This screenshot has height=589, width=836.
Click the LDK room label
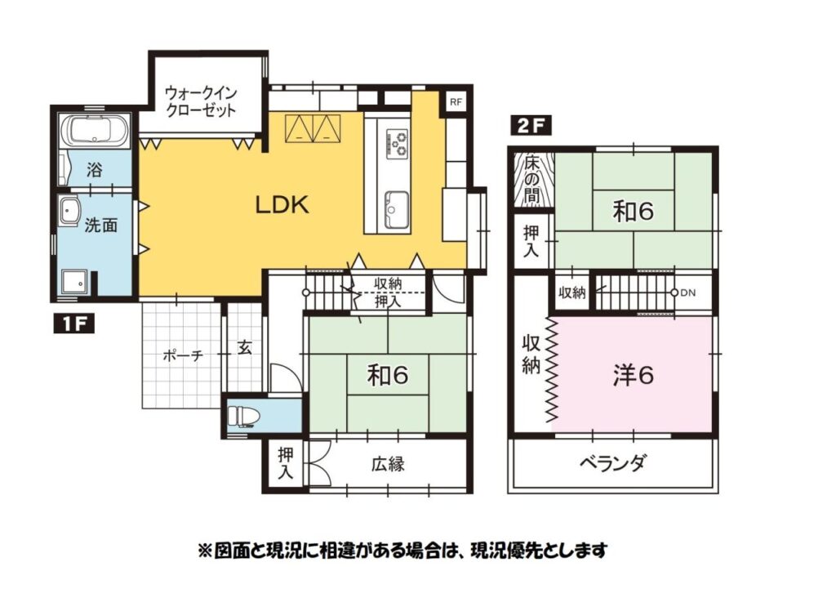click(x=282, y=205)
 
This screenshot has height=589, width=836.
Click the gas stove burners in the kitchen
click(x=398, y=142)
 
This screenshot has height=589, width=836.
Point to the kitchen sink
click(x=397, y=208)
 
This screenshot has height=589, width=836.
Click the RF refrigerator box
click(x=456, y=102)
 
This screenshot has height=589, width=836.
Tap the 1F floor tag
click(x=74, y=324)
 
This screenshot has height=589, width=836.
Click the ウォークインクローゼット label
click(x=201, y=101)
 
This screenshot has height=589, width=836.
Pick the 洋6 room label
click(x=633, y=376)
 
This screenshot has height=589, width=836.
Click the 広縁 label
click(x=388, y=464)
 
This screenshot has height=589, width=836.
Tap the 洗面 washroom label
click(x=101, y=225)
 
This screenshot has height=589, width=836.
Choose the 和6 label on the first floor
click(x=388, y=376)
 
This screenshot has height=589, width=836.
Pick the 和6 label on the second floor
click(x=633, y=212)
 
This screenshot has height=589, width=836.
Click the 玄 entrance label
click(x=245, y=348)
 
